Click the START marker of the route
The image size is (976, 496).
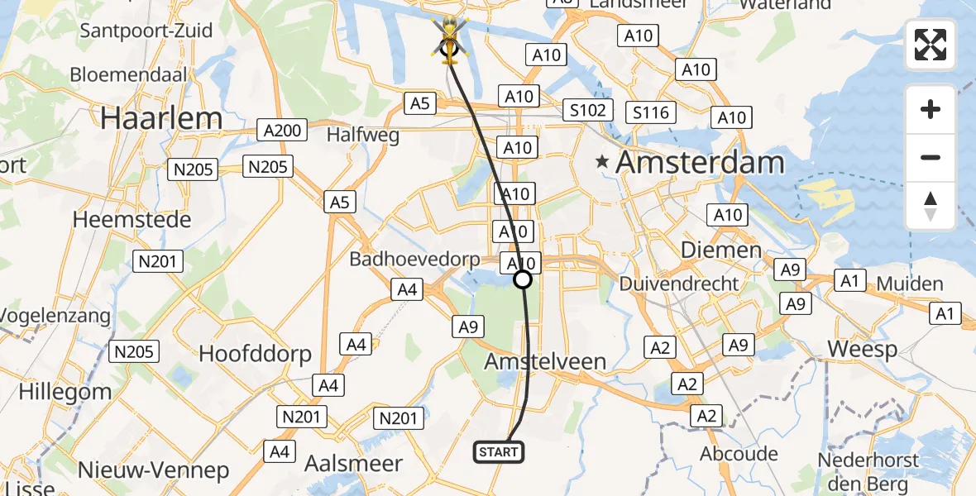tap(499, 451)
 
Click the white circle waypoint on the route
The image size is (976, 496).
tap(523, 279)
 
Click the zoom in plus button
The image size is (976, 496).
tap(931, 109)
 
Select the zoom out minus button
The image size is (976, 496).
tap(931, 157)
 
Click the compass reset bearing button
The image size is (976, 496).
tap(931, 206)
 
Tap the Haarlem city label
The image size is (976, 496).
tap(162, 118)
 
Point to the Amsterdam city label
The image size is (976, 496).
tap(700, 162)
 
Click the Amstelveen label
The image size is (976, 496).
tap(545, 361)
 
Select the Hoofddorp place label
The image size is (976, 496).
tap(255, 355)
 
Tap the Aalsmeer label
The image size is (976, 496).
tap(353, 463)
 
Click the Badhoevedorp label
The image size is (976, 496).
tap(414, 259)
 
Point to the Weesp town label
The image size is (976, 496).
tap(862, 349)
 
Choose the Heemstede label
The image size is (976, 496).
tap(132, 219)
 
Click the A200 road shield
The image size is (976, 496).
tap(282, 130)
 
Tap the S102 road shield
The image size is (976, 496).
tap(588, 110)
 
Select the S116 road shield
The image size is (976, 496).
tap(651, 112)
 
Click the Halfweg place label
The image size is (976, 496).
tap(363, 134)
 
